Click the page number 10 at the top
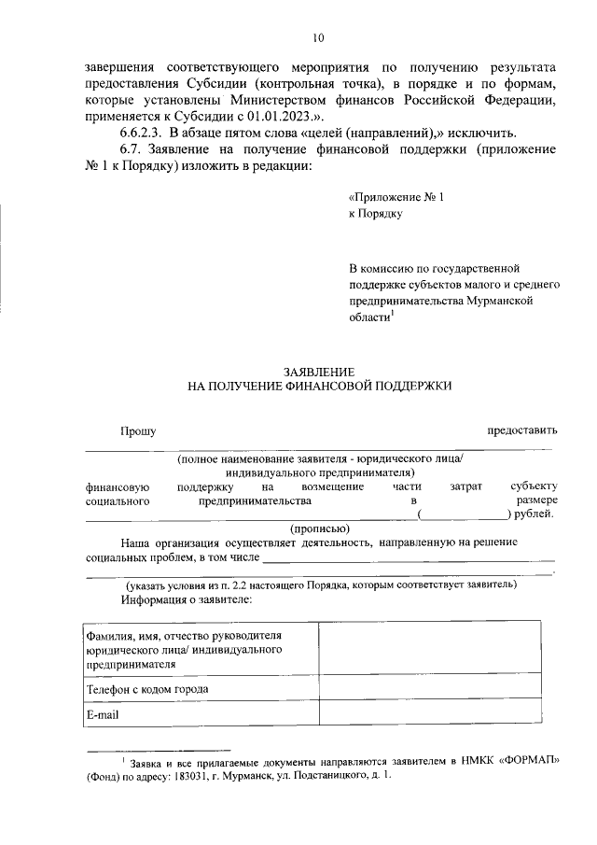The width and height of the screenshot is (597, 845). coord(318,38)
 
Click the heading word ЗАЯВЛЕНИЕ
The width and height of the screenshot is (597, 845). coord(318,372)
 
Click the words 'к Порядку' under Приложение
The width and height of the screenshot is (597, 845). coord(375,214)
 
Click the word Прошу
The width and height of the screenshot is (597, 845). coord(137,430)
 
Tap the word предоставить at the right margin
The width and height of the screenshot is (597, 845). coord(522,430)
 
